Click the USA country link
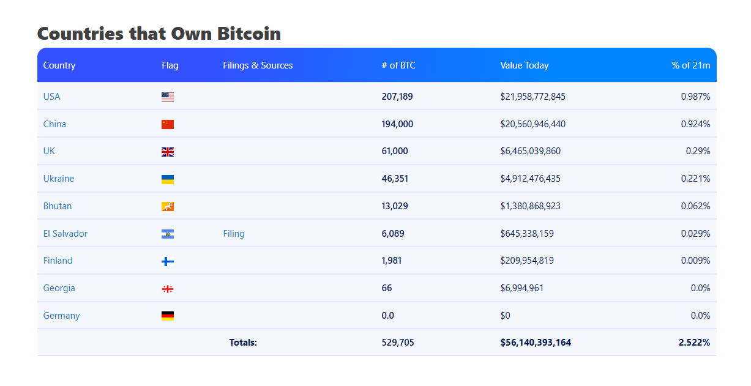(x=51, y=97)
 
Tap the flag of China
(x=168, y=124)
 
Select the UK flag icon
(x=168, y=152)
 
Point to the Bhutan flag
(x=168, y=207)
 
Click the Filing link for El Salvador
(x=234, y=234)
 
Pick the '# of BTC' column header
(x=398, y=65)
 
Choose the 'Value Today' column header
(x=524, y=65)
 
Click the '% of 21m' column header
(x=690, y=65)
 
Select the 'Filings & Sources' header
(x=258, y=65)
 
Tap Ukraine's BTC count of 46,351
(x=395, y=179)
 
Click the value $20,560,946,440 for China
(x=532, y=124)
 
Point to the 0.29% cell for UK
(x=698, y=151)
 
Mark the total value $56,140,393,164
(x=536, y=343)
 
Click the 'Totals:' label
(x=243, y=343)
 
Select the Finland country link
(x=58, y=261)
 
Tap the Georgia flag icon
(x=168, y=289)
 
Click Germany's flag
(x=168, y=316)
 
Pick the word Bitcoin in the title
(x=249, y=34)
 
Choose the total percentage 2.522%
(x=694, y=343)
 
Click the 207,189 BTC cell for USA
(x=397, y=97)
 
